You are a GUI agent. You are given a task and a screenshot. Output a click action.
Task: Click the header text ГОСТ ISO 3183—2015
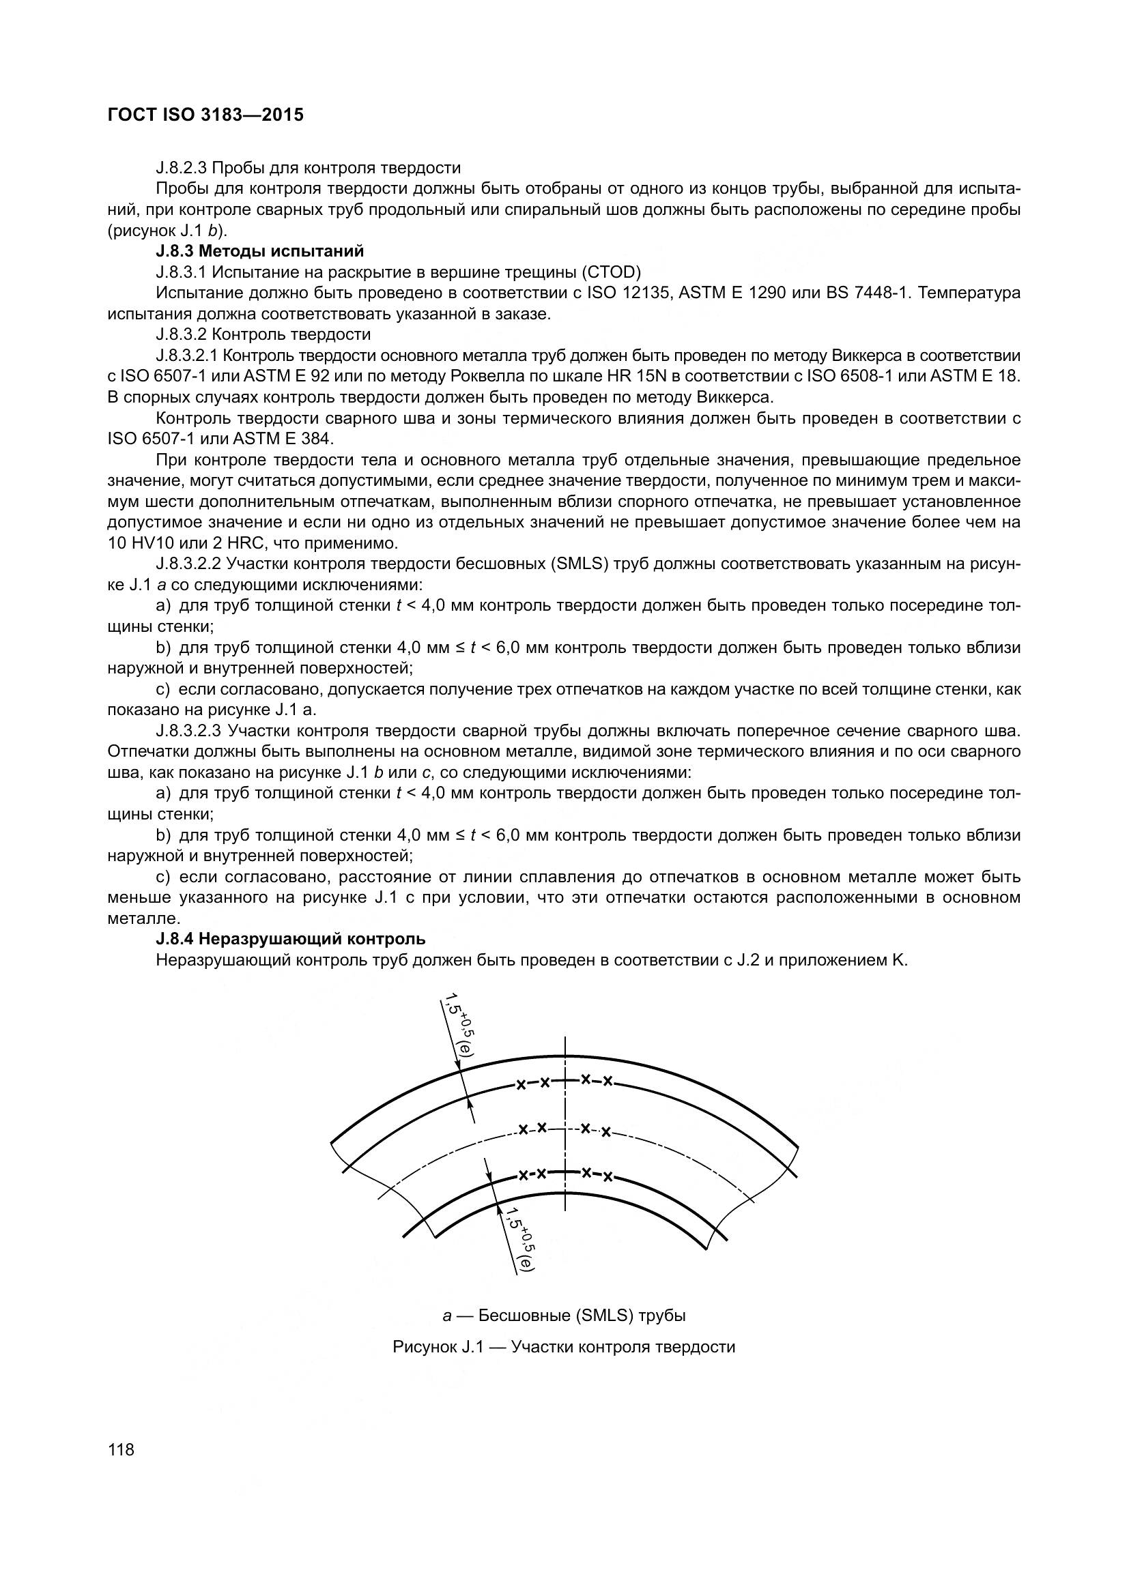click(x=205, y=115)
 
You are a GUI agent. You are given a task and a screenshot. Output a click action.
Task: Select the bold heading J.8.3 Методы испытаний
click(x=260, y=251)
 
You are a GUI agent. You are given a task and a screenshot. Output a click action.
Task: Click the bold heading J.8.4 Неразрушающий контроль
click(x=291, y=939)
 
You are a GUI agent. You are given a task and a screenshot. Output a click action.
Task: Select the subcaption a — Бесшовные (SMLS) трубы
click(x=564, y=1316)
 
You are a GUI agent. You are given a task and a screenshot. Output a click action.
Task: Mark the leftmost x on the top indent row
click(x=520, y=1085)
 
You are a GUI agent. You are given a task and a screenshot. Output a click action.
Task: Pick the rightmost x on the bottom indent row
click(x=608, y=1177)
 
